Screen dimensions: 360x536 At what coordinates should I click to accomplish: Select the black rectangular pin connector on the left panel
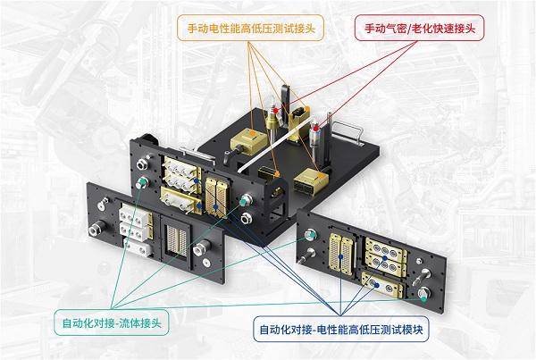174,239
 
